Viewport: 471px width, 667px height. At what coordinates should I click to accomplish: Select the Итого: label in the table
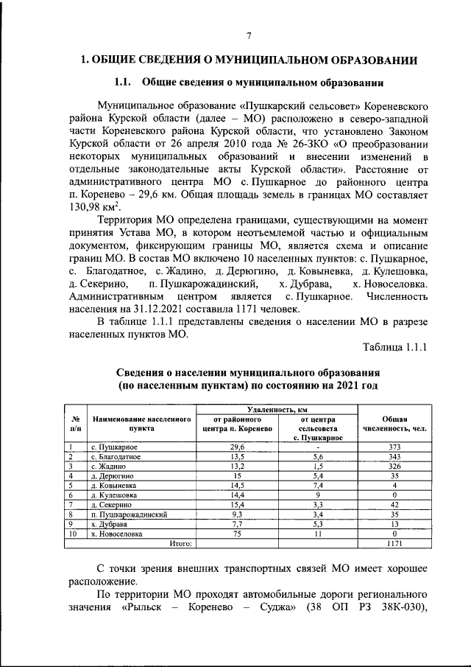(x=180, y=543)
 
